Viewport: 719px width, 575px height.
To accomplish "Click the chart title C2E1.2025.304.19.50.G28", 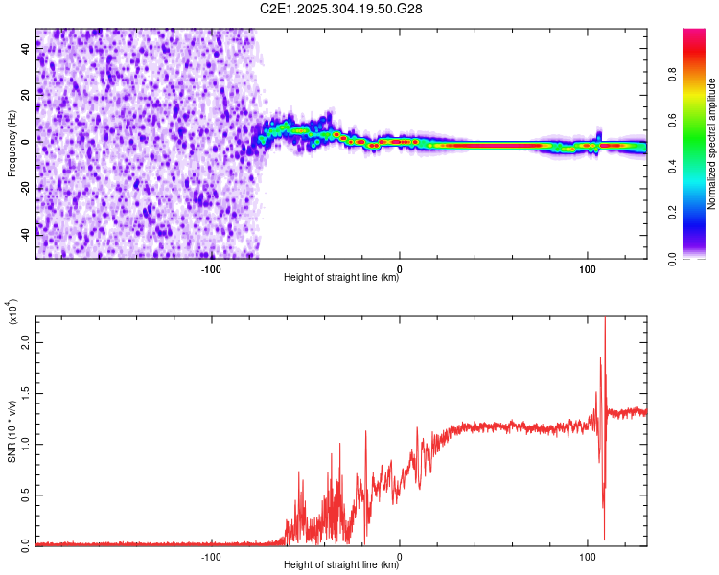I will [x=341, y=9].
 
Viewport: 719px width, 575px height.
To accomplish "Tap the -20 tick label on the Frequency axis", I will [x=25, y=186].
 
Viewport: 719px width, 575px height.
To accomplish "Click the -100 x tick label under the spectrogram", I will [x=212, y=268].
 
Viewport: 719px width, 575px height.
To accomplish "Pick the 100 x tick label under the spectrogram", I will [x=588, y=268].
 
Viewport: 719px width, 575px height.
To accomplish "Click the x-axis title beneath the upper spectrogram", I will [x=341, y=279].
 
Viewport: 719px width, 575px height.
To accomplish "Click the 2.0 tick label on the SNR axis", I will [x=25, y=341].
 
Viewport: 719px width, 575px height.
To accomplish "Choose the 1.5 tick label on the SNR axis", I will [x=25, y=393].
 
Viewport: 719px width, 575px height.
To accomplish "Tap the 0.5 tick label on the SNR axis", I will [x=25, y=494].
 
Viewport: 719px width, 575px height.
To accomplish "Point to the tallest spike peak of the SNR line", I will [x=605, y=318].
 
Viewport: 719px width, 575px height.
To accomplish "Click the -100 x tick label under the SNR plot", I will [x=212, y=556].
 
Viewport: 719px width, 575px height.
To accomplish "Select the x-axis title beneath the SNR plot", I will [x=341, y=565].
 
